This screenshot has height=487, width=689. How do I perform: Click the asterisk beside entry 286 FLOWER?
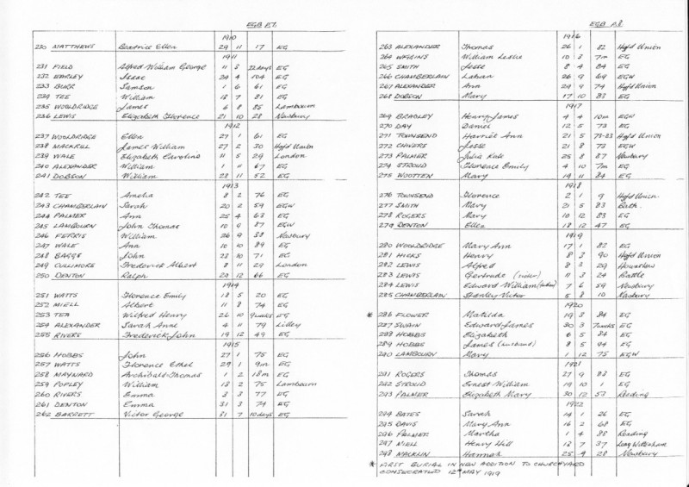pyautogui.click(x=368, y=316)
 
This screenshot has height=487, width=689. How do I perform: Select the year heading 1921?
pyautogui.click(x=568, y=364)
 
